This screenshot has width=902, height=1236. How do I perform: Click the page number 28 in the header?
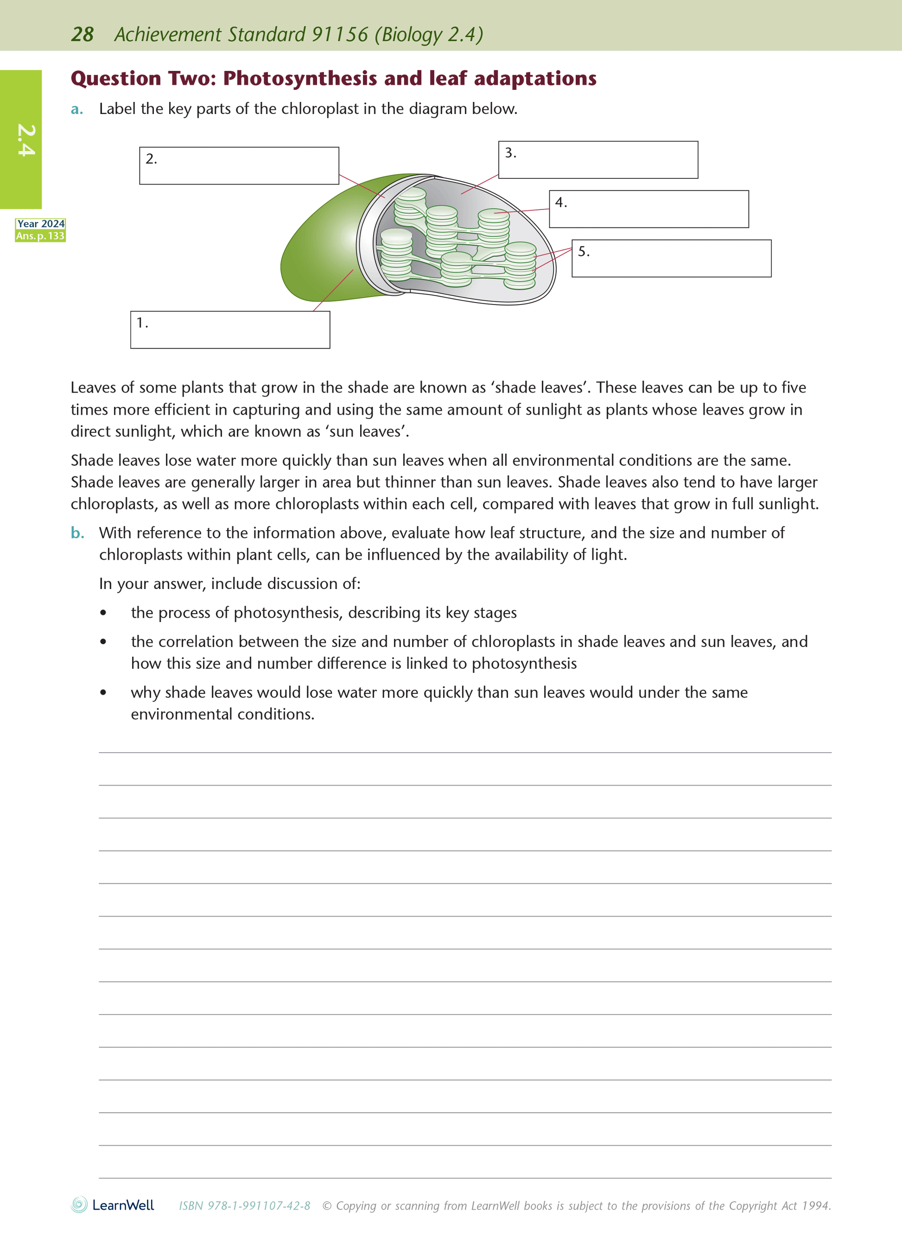[x=83, y=34]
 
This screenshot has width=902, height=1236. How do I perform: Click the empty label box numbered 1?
[x=230, y=330]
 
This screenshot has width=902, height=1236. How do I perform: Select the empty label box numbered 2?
[x=239, y=165]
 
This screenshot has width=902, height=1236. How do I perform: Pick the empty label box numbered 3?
[x=598, y=160]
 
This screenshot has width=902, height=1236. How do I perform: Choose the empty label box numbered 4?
[x=648, y=209]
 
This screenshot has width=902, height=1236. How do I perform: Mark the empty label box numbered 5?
[x=672, y=258]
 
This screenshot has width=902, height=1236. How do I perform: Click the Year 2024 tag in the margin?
[x=40, y=224]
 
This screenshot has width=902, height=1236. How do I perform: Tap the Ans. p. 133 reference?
[x=40, y=236]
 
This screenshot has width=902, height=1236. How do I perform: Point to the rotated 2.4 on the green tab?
[x=25, y=140]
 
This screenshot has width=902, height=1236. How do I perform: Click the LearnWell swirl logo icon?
[x=79, y=1205]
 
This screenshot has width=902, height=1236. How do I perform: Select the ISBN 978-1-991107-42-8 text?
[x=245, y=1205]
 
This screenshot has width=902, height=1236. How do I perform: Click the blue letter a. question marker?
[x=77, y=110]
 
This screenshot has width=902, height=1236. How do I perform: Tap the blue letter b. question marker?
[x=77, y=533]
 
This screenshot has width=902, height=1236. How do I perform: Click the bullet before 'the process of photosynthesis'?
[x=103, y=613]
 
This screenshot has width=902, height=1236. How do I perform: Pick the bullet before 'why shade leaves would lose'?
[x=103, y=693]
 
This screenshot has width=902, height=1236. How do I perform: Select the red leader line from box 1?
[x=333, y=291]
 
